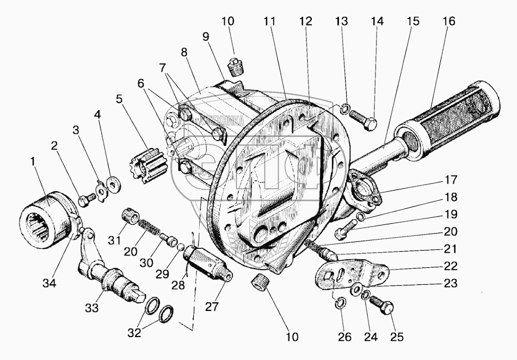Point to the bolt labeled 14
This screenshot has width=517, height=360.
(x=363, y=120)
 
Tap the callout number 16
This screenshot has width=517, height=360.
(x=449, y=22)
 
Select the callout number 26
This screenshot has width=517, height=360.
(x=341, y=337)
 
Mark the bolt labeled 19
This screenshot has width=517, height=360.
(x=341, y=234)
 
